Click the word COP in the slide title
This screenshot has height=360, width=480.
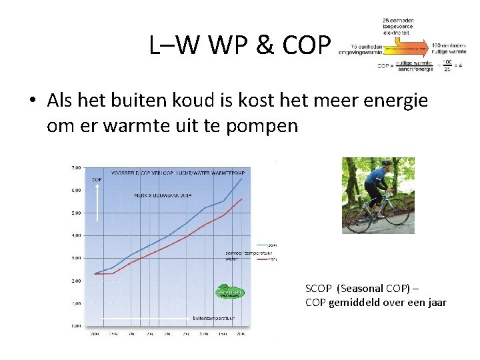pos(307,45)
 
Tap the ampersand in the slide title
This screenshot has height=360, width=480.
pos(265,45)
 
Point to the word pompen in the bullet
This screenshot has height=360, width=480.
pos(267,125)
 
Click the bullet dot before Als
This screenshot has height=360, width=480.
pos(32,101)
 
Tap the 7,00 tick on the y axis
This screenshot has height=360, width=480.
pos(77,168)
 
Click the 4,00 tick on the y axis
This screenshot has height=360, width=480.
pos(77,235)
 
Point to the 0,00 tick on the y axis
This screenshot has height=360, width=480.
pos(77,326)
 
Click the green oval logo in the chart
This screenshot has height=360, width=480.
pos(229,293)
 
